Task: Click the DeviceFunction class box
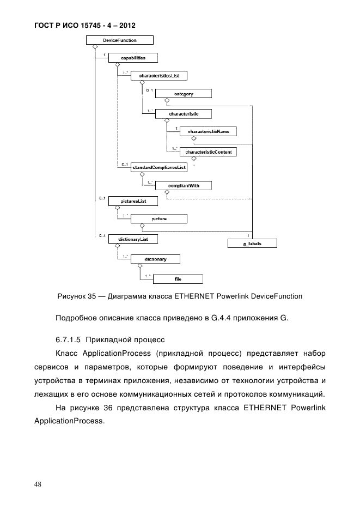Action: tap(119, 40)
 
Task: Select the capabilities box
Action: tap(133, 57)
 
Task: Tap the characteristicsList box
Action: tap(158, 76)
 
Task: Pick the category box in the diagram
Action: tap(183, 94)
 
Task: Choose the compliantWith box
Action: tap(183, 185)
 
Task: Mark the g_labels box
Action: tap(252, 244)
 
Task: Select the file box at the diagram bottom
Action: tap(178, 279)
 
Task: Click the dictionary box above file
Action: tap(156, 259)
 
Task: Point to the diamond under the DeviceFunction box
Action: tap(95, 47)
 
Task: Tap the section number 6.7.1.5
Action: tap(68, 339)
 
